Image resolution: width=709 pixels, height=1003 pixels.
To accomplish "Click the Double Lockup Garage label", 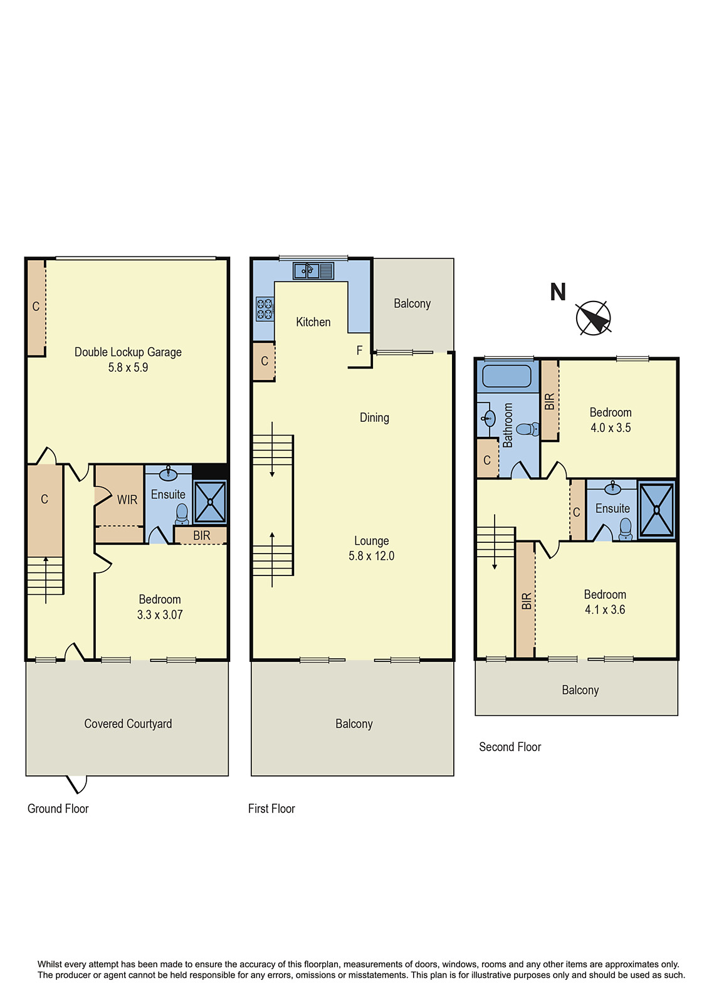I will tap(128, 352).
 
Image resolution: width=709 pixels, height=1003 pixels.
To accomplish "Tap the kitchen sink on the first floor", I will tap(313, 271).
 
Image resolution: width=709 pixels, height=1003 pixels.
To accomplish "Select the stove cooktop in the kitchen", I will tap(265, 309).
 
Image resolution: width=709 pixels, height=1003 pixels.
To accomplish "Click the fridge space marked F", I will tap(359, 350).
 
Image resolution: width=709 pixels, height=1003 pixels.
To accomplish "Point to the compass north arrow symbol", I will tap(593, 318).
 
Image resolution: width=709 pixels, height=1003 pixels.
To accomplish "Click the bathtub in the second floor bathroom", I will tap(507, 376).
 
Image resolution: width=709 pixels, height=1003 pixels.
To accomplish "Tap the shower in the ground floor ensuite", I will tap(209, 501).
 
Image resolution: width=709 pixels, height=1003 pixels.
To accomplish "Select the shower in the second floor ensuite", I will tap(656, 510).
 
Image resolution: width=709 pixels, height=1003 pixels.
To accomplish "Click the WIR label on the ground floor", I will tap(127, 500).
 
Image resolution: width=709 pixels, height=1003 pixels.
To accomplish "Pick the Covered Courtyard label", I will tap(128, 723).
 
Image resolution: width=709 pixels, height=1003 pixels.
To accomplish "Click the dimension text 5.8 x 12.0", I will tap(371, 555).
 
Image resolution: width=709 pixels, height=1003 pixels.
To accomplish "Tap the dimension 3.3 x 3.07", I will tap(160, 615).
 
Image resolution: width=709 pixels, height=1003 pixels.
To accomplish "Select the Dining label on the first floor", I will tap(374, 417).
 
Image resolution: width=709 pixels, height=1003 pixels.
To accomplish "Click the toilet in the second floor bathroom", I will tap(528, 429).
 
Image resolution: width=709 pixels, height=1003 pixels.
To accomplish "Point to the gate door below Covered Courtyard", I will tap(76, 784).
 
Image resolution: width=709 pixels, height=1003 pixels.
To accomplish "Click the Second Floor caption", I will tap(510, 747).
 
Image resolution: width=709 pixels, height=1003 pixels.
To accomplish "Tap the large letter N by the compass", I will tap(557, 292).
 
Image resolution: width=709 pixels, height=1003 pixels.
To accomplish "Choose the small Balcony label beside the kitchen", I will tap(412, 303).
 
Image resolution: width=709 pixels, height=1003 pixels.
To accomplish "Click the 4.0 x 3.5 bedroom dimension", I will tap(610, 428).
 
